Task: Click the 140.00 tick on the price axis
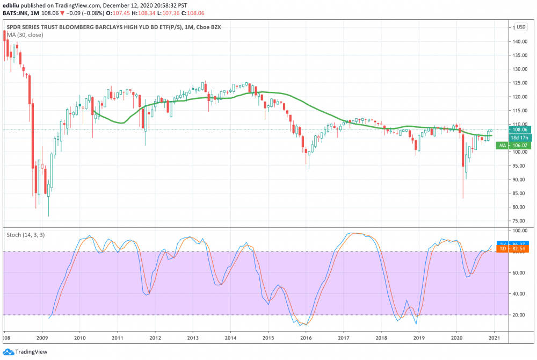(x=519, y=41)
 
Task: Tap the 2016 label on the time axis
(x=306, y=337)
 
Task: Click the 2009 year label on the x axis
(x=42, y=337)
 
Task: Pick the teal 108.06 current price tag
(x=520, y=129)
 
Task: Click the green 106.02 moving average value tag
(x=520, y=145)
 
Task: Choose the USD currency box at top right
(x=520, y=27)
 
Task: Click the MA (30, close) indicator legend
(x=25, y=35)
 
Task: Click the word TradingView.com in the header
(x=75, y=4)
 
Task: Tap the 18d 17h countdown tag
(x=520, y=138)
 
